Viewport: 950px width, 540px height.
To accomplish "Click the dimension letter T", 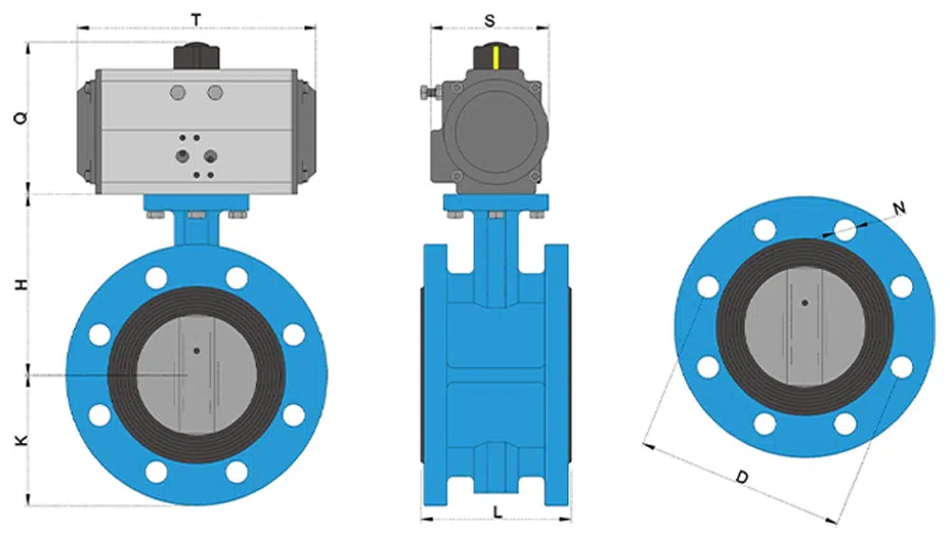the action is click(197, 20).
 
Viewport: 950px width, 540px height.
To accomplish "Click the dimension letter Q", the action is click(21, 118).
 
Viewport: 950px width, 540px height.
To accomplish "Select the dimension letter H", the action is click(21, 284).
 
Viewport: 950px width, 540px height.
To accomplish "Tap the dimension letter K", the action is click(21, 440).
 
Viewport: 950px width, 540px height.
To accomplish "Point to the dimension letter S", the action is click(489, 21).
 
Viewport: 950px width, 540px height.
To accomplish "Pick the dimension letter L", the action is click(498, 513).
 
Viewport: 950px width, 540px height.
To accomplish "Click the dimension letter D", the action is click(742, 477).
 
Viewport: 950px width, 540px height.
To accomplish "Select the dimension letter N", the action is click(899, 208).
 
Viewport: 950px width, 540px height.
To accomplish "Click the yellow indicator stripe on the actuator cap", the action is click(496, 58).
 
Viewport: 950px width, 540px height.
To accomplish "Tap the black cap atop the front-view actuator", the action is click(197, 56).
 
